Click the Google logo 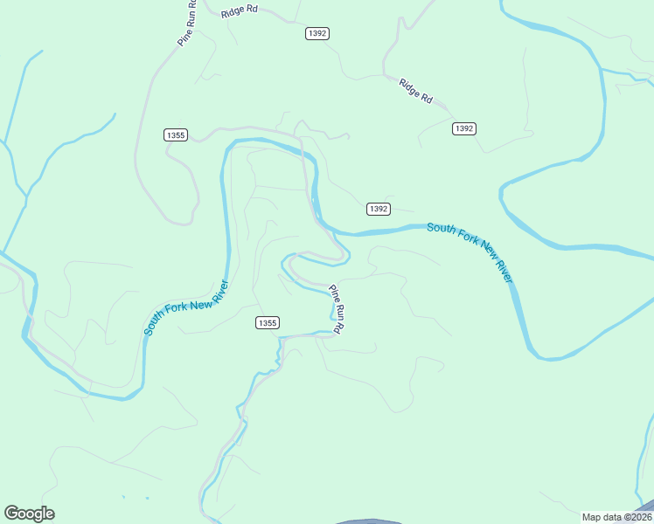(30, 514)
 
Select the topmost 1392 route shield (317, 33)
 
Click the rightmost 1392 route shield (464, 128)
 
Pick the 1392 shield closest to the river (378, 209)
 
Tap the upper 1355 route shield (176, 134)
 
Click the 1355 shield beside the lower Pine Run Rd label (268, 323)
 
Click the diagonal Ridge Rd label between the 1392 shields (416, 92)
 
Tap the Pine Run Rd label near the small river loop (338, 308)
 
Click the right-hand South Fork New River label (470, 252)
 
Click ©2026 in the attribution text (636, 517)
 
